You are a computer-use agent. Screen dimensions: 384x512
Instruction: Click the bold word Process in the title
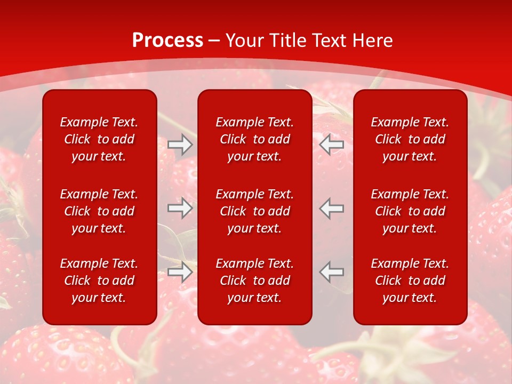(x=167, y=41)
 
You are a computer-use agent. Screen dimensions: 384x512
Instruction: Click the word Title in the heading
(x=288, y=41)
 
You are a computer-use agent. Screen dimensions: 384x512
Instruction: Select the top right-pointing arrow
(x=180, y=145)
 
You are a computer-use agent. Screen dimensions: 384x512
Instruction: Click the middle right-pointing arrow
(x=180, y=208)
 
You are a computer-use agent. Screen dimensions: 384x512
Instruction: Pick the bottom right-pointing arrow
(x=180, y=272)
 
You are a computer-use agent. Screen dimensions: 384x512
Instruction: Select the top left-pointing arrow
(x=332, y=145)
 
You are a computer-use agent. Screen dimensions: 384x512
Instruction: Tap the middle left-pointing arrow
(x=332, y=208)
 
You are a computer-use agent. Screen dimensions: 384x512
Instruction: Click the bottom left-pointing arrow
(x=332, y=272)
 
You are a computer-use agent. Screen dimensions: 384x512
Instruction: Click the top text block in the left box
(x=99, y=139)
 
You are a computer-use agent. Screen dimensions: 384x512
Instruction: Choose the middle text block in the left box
(x=99, y=211)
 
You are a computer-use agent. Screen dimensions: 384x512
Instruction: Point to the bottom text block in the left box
(x=99, y=281)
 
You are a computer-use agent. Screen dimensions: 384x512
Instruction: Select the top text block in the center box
(x=255, y=139)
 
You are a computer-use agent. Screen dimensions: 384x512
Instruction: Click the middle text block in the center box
(x=255, y=211)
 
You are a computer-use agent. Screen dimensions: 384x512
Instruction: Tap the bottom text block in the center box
(x=255, y=281)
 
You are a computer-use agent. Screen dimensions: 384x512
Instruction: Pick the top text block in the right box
(x=410, y=139)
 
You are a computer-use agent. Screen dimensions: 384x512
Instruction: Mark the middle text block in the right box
(x=410, y=211)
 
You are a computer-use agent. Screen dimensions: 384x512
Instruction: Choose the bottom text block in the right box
(x=410, y=281)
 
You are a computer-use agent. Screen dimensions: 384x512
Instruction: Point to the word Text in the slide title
(x=331, y=41)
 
